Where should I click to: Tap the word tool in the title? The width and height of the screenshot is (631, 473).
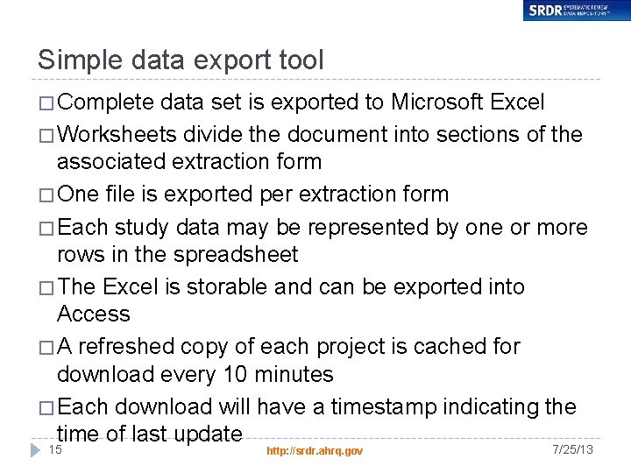tap(299, 60)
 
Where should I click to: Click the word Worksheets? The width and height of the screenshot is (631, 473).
tap(119, 135)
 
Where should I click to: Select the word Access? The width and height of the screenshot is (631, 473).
tap(93, 314)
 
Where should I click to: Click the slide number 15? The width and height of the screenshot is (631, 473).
tap(55, 449)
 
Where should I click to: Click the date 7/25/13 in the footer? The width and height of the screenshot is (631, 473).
tap(573, 449)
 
